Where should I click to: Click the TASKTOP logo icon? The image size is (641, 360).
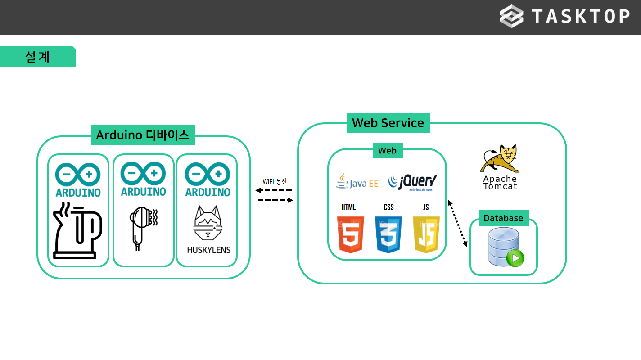point(511,16)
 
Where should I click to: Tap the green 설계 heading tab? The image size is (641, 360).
point(38,57)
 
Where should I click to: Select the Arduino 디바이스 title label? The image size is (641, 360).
point(143,135)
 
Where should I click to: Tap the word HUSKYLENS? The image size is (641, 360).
point(208,250)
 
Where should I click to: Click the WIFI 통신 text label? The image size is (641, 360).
point(275,181)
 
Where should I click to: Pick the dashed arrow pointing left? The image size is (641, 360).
point(275,190)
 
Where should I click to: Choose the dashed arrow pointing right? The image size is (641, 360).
point(275,200)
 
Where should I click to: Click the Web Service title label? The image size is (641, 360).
point(388,123)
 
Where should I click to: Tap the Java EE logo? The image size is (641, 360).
point(358,182)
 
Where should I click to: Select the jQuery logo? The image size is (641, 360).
point(412,182)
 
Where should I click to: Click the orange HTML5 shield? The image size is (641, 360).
point(350,234)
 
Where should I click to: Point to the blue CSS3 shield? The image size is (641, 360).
point(388,234)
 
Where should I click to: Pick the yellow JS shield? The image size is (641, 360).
point(426,234)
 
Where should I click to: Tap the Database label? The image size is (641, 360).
point(503,218)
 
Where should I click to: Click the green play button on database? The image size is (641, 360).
point(515,258)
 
